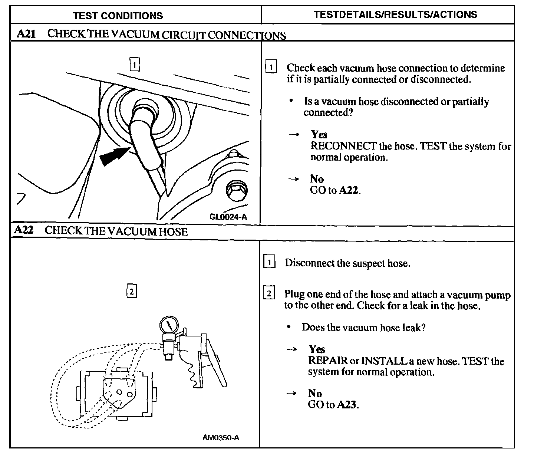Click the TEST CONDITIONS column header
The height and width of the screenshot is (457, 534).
coord(118,16)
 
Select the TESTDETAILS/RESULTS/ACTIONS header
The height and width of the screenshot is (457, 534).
coord(395,15)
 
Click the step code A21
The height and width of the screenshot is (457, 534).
coord(26,34)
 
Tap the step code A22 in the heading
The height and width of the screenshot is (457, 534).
coord(24,230)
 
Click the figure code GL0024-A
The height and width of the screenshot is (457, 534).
coord(228,217)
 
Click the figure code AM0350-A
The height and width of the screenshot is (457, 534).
coord(221,438)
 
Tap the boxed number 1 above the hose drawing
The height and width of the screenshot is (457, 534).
coord(135,65)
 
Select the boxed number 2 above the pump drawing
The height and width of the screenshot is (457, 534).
coord(132,291)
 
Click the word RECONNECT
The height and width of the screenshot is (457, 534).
coord(343,146)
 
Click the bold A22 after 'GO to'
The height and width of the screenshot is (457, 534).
coord(349,191)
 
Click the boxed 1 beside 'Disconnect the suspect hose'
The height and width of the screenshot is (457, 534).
coord(269,263)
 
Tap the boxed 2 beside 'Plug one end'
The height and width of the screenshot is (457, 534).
coord(269,294)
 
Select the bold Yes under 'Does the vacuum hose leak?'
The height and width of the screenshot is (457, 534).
coord(317,349)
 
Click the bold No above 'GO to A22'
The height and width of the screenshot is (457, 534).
coord(317,179)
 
